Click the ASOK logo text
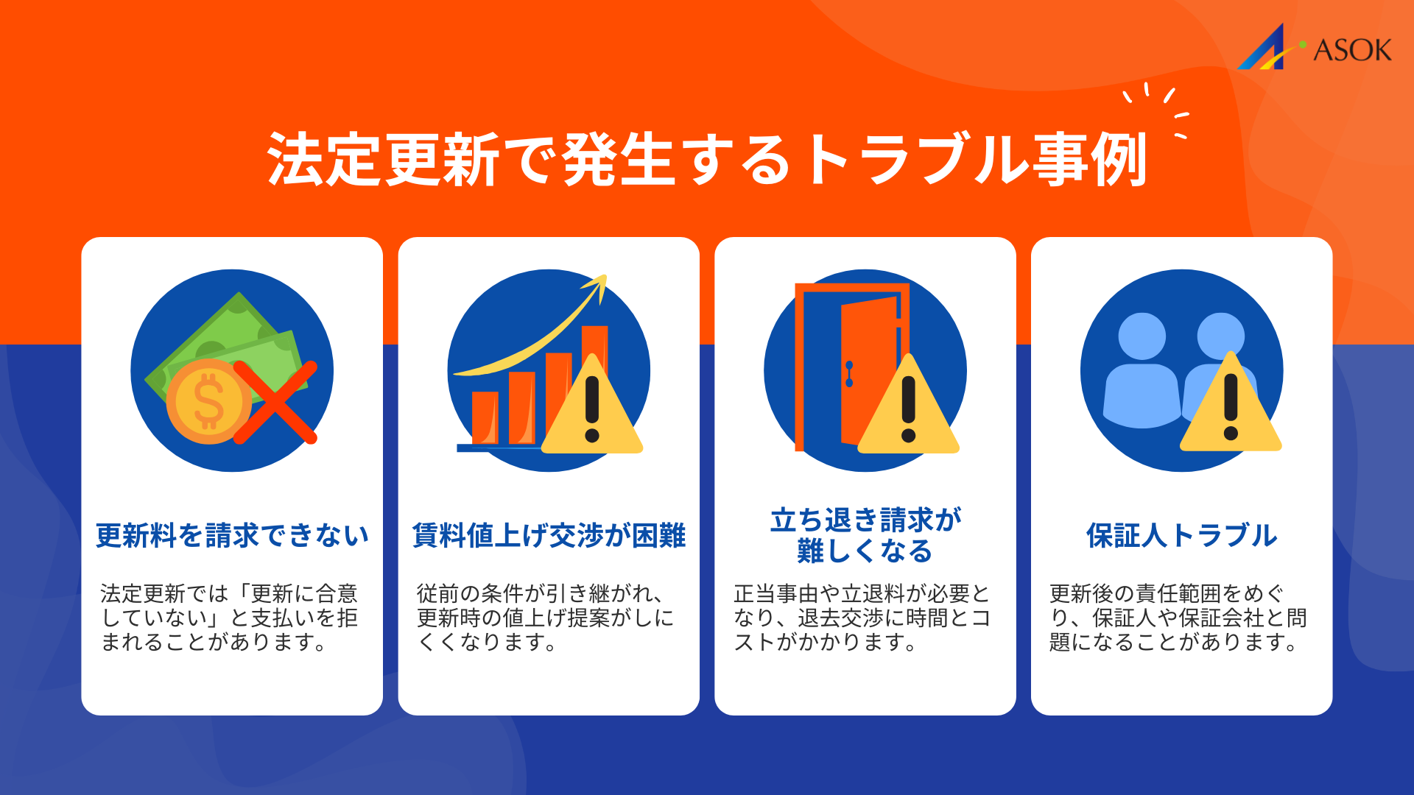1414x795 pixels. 1352,50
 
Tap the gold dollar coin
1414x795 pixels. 208,401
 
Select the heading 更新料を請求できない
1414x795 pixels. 232,535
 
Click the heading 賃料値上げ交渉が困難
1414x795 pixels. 549,535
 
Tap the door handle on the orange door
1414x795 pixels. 849,374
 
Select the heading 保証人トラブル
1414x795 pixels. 1181,535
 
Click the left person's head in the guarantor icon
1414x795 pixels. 1142,336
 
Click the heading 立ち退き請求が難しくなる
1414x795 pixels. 865,535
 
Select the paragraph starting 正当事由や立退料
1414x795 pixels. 862,618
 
